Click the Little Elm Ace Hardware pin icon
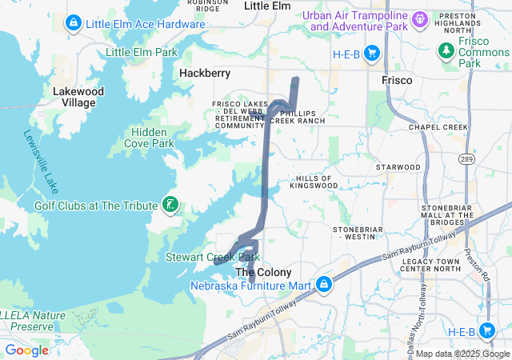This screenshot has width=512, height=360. [x=74, y=24]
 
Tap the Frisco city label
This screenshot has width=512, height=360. [x=396, y=81]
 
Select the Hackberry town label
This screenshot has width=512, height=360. [x=205, y=73]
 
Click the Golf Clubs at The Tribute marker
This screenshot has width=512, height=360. [x=170, y=205]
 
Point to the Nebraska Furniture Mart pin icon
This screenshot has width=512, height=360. [x=324, y=285]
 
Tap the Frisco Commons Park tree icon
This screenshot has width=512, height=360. [x=446, y=51]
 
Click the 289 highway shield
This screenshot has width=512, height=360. [x=466, y=160]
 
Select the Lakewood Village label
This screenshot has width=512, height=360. [x=78, y=97]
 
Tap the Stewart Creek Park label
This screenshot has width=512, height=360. [x=213, y=257]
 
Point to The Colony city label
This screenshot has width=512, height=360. [x=262, y=272]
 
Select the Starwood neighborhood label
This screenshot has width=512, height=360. [x=398, y=166]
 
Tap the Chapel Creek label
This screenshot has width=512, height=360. [x=438, y=127]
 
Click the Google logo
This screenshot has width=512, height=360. [x=26, y=350]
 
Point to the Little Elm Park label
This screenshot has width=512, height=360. [x=142, y=53]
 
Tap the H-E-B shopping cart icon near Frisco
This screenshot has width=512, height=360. [x=371, y=53]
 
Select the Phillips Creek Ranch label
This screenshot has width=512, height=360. [x=298, y=116]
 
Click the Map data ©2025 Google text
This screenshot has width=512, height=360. [x=462, y=354]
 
